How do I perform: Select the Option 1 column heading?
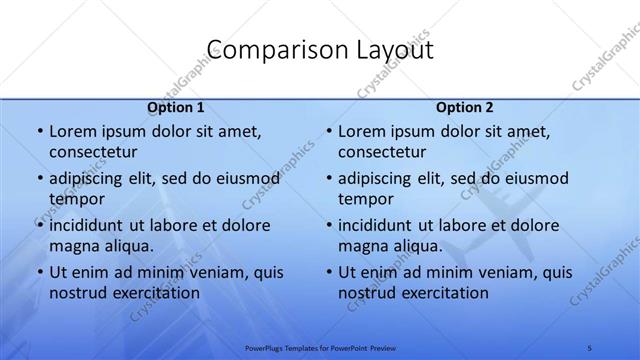175,107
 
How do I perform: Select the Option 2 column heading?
464,107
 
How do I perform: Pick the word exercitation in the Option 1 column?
152,292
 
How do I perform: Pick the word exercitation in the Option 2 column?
441,292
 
